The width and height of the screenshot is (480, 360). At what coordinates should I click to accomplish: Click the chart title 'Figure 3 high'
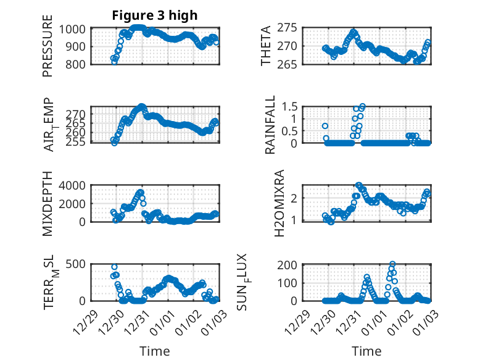click(x=154, y=15)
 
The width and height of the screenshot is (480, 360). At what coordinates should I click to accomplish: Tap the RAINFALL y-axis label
click(x=270, y=125)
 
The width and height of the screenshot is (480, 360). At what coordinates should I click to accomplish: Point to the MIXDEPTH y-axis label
click(x=48, y=204)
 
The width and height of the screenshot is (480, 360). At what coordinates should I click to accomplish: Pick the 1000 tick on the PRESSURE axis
click(x=75, y=28)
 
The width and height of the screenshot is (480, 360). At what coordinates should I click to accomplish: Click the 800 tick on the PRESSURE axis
click(x=78, y=63)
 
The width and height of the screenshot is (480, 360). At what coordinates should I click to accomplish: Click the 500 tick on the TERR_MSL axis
click(x=78, y=265)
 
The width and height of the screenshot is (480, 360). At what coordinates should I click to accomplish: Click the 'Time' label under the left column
click(x=154, y=351)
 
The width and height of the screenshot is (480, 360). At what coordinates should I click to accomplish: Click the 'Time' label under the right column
click(x=367, y=351)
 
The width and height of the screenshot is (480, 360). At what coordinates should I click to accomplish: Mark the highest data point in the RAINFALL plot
click(x=362, y=107)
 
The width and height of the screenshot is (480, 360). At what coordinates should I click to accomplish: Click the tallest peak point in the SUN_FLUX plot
click(x=392, y=264)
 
